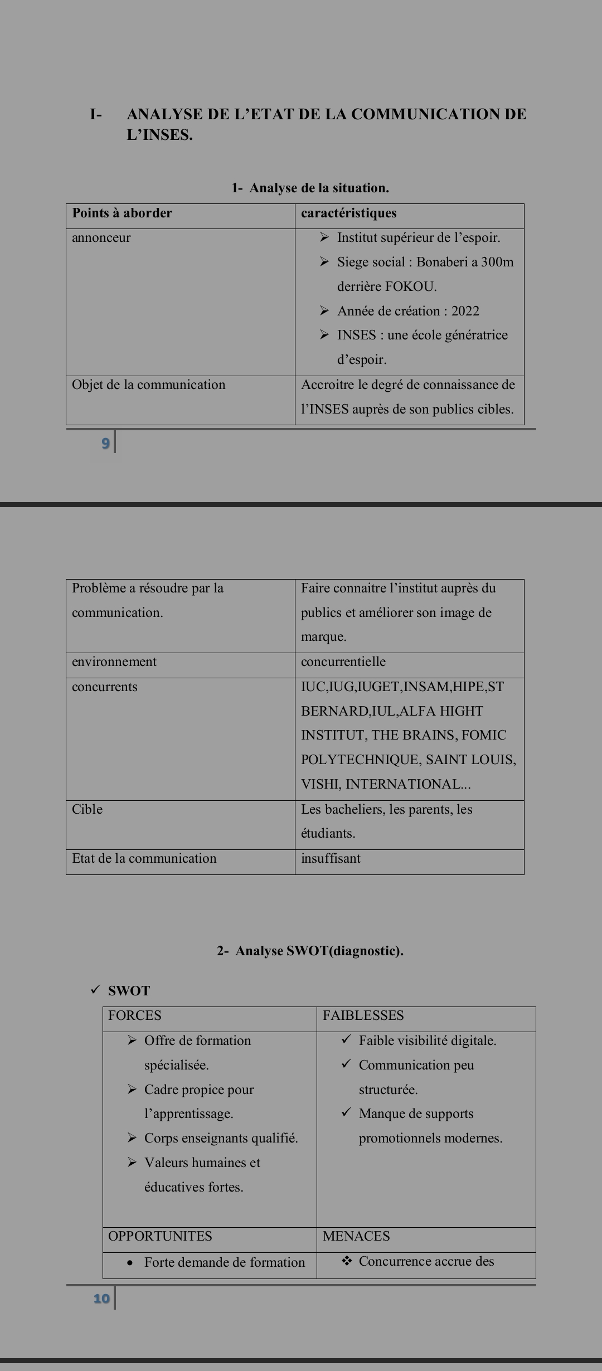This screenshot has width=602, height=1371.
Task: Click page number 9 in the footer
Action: tap(105, 444)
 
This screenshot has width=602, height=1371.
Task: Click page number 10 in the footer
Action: tap(101, 1299)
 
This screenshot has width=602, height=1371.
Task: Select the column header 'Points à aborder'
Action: tap(122, 213)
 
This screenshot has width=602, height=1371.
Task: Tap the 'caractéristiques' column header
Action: tap(348, 213)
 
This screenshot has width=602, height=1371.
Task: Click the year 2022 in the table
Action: tap(465, 311)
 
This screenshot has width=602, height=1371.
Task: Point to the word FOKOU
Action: tap(410, 286)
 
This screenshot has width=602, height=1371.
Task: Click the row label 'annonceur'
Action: tap(101, 237)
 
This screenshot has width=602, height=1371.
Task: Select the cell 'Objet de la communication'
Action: tap(148, 385)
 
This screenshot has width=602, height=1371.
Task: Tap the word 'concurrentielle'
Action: tap(343, 662)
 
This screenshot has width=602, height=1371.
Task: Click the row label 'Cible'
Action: tap(88, 809)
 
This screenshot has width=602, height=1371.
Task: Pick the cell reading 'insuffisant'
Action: tap(331, 858)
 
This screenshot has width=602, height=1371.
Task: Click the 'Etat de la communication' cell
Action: tap(144, 858)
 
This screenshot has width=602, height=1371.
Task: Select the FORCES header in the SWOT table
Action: tap(135, 1015)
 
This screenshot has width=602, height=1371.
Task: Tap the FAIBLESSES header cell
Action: tap(363, 1015)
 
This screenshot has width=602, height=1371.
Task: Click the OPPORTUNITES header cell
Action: tap(160, 1236)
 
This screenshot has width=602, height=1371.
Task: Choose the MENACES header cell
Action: tap(356, 1236)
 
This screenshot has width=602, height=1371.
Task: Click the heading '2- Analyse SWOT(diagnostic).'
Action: tap(310, 951)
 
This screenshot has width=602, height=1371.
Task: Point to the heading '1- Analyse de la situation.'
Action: tap(310, 188)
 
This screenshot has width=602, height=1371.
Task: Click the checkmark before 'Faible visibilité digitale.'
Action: tap(346, 1039)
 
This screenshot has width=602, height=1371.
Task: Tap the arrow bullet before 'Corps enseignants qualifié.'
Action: tap(132, 1137)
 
